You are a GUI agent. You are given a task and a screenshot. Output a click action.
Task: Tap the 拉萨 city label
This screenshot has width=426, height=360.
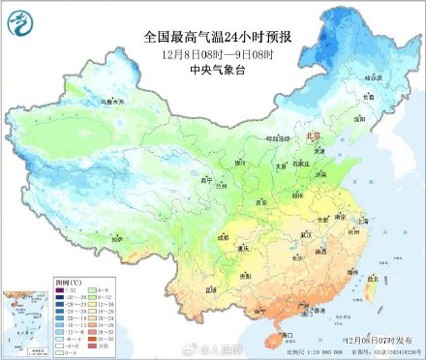(118, 236)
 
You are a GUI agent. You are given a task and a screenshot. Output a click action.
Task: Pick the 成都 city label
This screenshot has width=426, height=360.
(225, 235)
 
